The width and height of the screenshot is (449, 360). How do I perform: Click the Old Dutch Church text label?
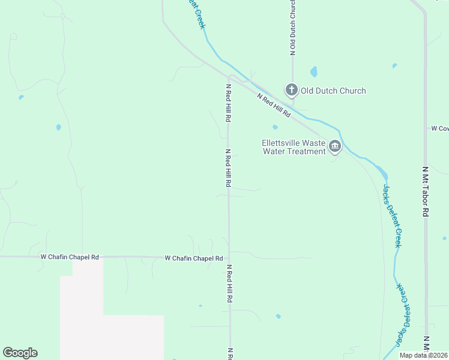click(333, 91)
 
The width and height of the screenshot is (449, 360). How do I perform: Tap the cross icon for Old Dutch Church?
click(291, 91)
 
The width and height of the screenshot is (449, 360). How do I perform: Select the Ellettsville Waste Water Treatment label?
click(294, 147)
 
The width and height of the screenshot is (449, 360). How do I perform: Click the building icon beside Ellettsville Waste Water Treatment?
click(335, 147)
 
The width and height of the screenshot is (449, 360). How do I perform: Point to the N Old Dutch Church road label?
click(292, 28)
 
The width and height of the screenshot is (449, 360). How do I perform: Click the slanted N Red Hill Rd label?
click(274, 105)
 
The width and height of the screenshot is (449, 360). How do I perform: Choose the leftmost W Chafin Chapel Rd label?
click(70, 257)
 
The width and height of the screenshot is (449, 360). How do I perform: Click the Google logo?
click(20, 353)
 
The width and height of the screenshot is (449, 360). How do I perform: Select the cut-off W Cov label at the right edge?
click(439, 128)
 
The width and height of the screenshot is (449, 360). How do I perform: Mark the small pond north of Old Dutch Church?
click(313, 72)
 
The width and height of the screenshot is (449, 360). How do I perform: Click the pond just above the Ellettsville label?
click(275, 127)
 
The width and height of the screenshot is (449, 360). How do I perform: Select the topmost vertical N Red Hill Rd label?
click(228, 103)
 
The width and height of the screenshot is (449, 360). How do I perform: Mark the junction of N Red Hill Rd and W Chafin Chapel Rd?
click(229, 257)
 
